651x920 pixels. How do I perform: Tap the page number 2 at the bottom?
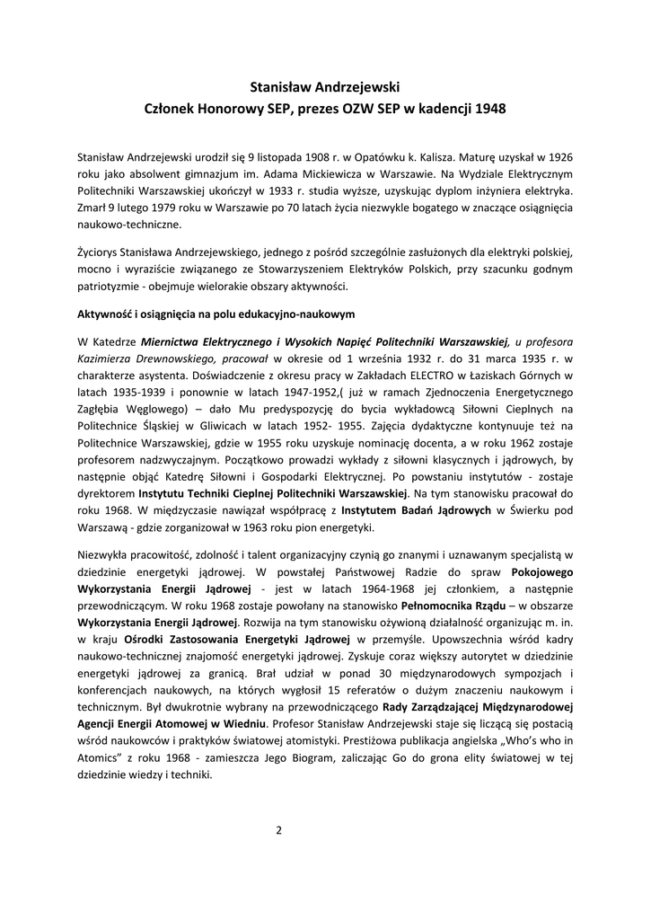[279, 829]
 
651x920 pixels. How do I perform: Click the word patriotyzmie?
[112, 287]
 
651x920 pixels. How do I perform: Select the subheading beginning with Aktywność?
[217, 315]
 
